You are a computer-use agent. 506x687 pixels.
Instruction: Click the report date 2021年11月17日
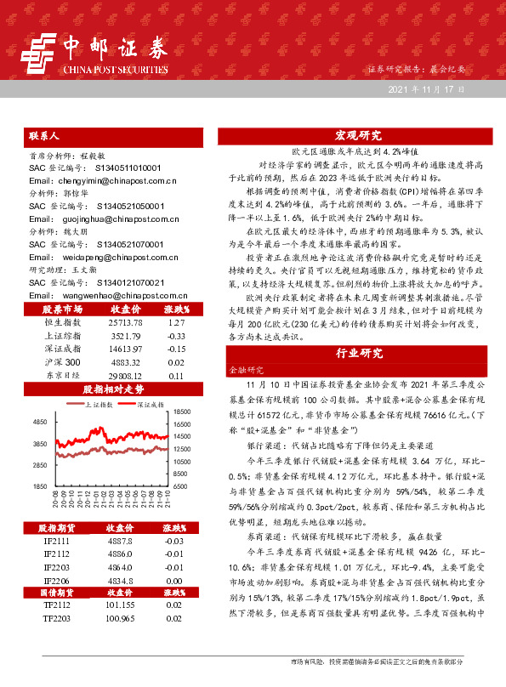click(426, 88)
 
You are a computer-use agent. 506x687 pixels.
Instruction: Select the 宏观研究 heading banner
click(358, 135)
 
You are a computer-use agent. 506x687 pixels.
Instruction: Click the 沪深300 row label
click(62, 361)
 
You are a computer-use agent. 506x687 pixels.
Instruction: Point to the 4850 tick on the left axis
click(40, 422)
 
